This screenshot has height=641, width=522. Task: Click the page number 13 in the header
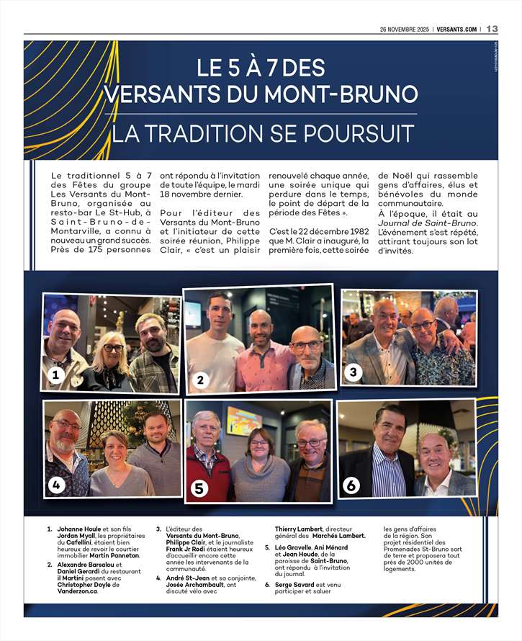(x=492, y=29)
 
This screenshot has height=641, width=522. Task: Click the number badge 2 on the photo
(x=201, y=380)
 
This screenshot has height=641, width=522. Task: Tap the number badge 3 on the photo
(x=353, y=372)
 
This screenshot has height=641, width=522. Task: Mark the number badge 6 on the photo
(x=351, y=485)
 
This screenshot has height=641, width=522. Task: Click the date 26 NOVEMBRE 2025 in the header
(x=404, y=29)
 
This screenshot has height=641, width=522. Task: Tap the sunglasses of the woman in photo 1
(x=113, y=348)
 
